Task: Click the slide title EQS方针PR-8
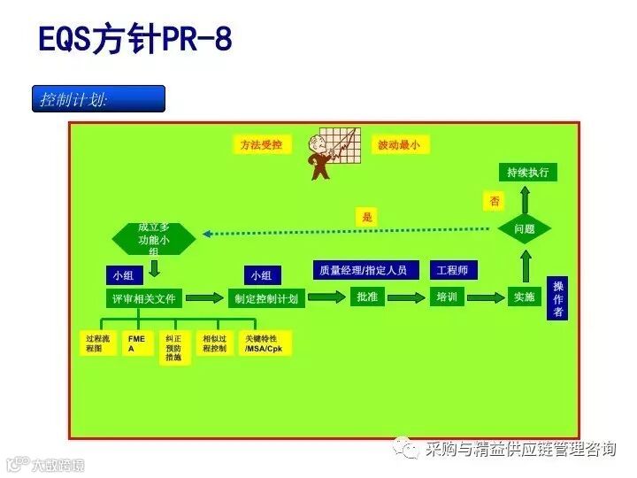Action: pyautogui.click(x=135, y=40)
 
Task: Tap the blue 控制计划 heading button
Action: pyautogui.click(x=98, y=98)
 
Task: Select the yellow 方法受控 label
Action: pyautogui.click(x=261, y=144)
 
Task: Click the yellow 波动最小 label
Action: pyautogui.click(x=399, y=144)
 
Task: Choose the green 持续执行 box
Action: pyautogui.click(x=528, y=172)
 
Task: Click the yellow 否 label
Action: pyautogui.click(x=495, y=201)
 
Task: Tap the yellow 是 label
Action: pyautogui.click(x=368, y=216)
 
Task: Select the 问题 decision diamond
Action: pyautogui.click(x=525, y=229)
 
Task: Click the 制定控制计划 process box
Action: pyautogui.click(x=265, y=297)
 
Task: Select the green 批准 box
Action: pyautogui.click(x=367, y=297)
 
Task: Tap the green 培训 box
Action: pyautogui.click(x=446, y=297)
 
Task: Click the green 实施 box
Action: pyautogui.click(x=525, y=297)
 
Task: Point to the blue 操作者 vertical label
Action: pyautogui.click(x=557, y=299)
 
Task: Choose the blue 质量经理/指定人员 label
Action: pyautogui.click(x=364, y=270)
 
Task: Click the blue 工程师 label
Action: pyautogui.click(x=452, y=270)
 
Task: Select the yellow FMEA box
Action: pyautogui.click(x=135, y=343)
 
